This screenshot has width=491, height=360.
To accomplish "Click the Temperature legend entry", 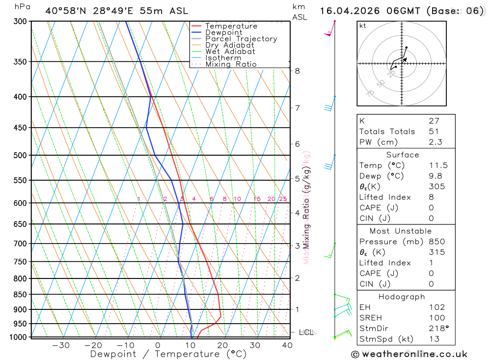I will pyautogui.click(x=231, y=26).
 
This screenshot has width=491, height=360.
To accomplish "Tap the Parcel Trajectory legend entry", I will pyautogui.click(x=241, y=39).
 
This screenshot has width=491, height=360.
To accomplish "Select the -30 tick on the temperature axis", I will pyautogui.click(x=60, y=345).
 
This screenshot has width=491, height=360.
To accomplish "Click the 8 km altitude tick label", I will pyautogui.click(x=297, y=71).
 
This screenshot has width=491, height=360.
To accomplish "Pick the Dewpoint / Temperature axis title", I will pyautogui.click(x=168, y=354).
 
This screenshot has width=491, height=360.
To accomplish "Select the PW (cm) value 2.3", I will pyautogui.click(x=435, y=142).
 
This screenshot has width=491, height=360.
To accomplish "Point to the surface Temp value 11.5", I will pyautogui.click(x=438, y=166).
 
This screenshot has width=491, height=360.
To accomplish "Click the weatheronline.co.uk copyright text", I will pyautogui.click(x=409, y=354).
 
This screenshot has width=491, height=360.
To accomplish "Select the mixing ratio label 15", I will pyautogui.click(x=257, y=199).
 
